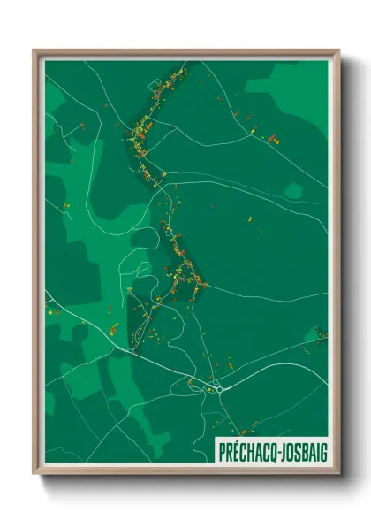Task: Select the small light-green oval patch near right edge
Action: [x=294, y=190]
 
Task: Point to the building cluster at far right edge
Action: [x=321, y=333]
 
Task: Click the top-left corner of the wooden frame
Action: [x=34, y=50]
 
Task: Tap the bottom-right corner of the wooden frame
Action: [x=338, y=475]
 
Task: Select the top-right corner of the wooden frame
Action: [x=338, y=50]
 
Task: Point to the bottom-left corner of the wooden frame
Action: [x=34, y=475]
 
